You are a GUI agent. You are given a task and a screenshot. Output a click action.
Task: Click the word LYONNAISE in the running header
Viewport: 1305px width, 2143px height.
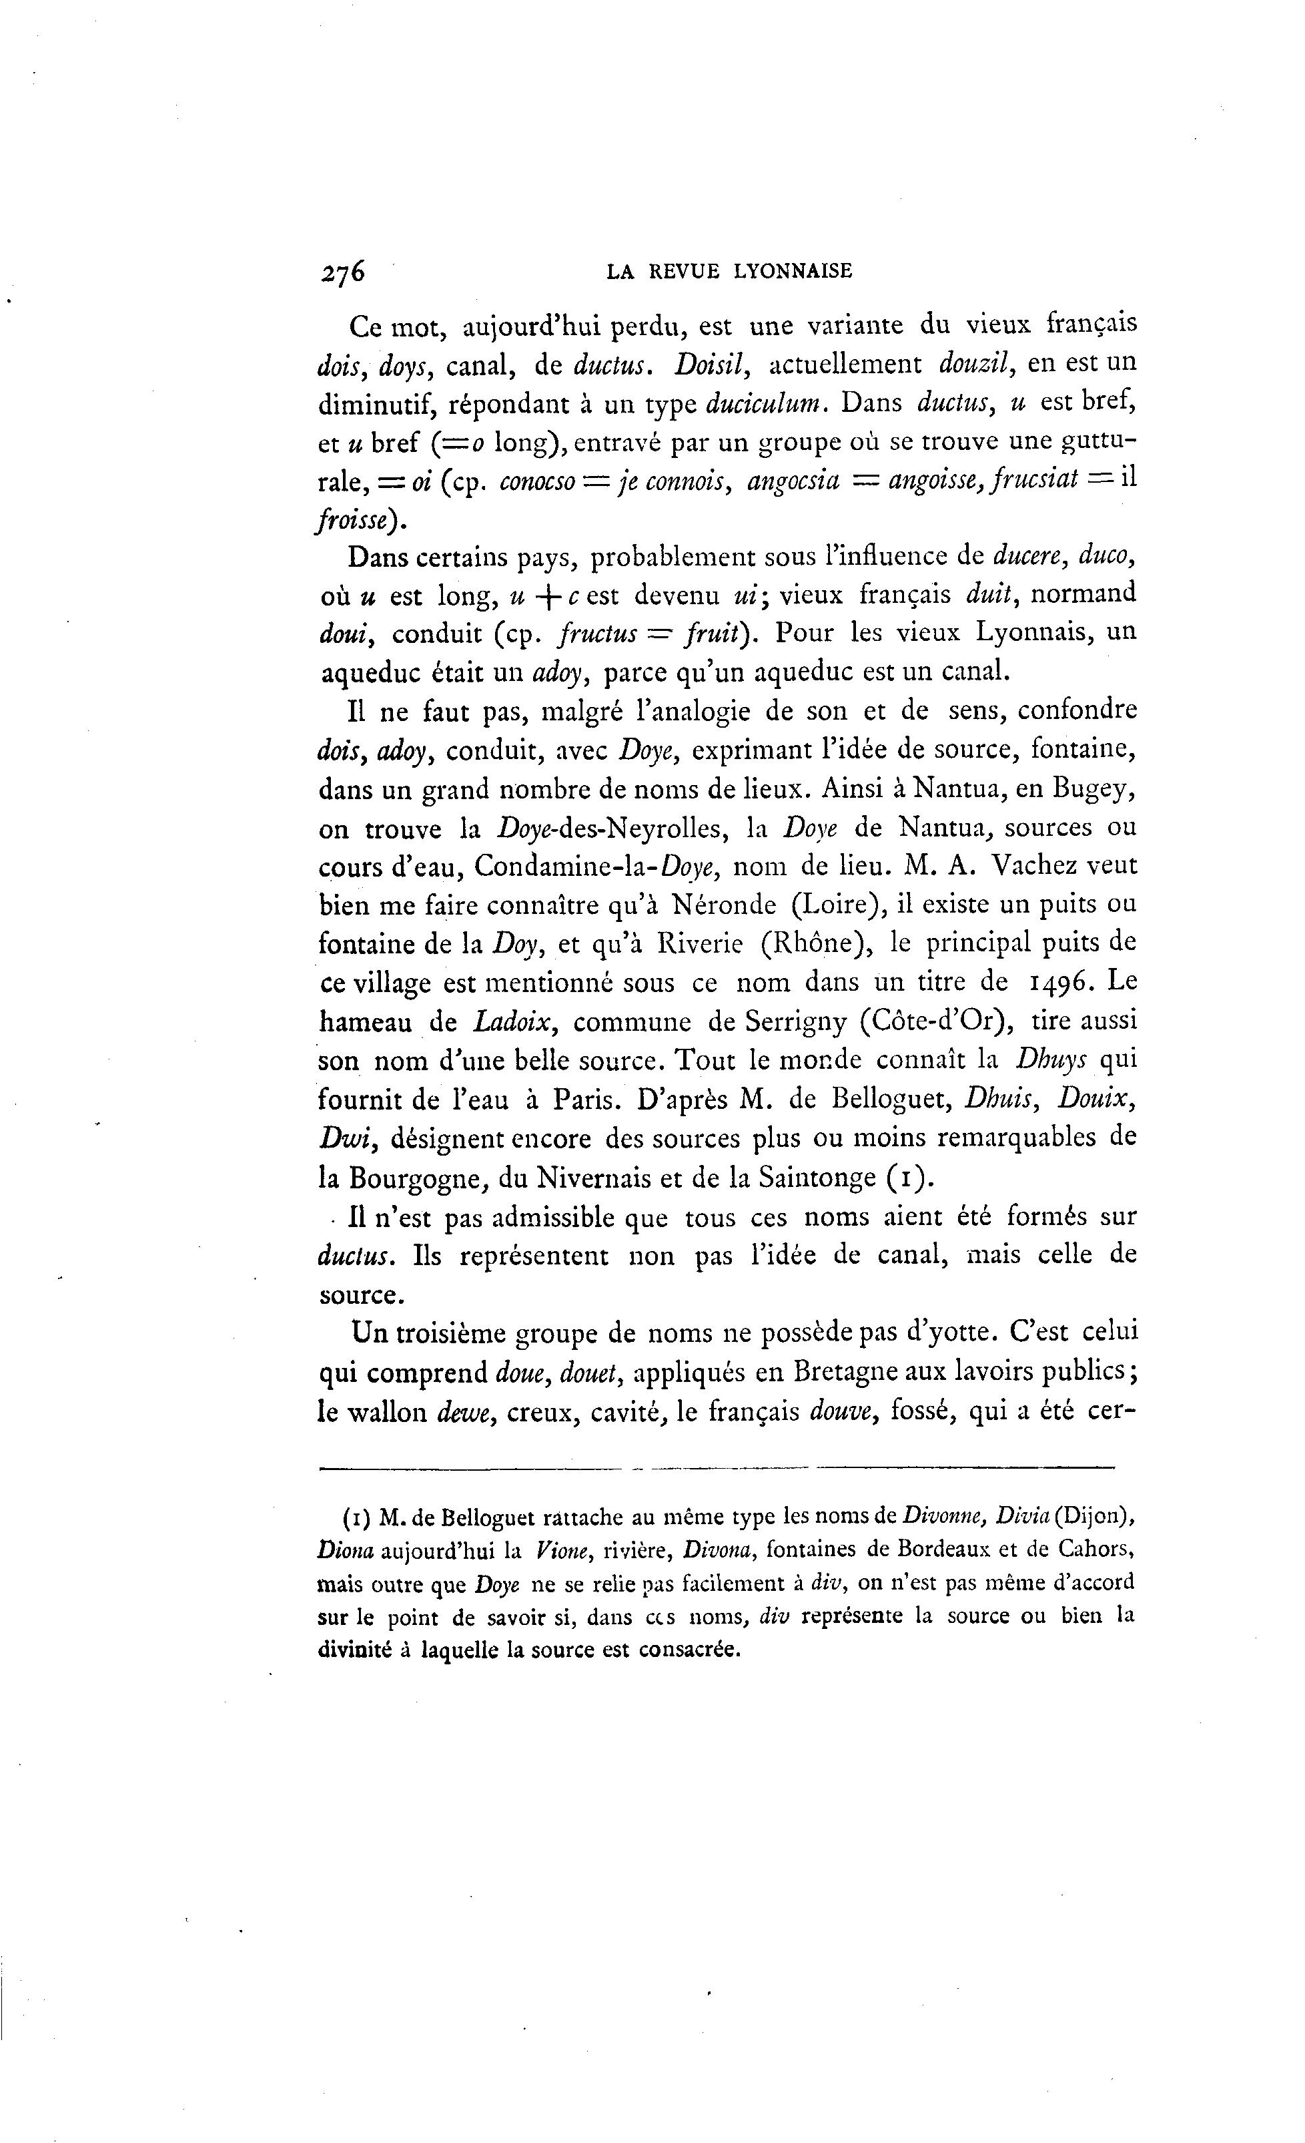(x=793, y=271)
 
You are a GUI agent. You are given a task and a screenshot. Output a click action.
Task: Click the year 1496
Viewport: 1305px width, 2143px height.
(x=1061, y=982)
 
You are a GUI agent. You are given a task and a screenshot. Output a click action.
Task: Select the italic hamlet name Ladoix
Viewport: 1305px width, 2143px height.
(x=514, y=1022)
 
